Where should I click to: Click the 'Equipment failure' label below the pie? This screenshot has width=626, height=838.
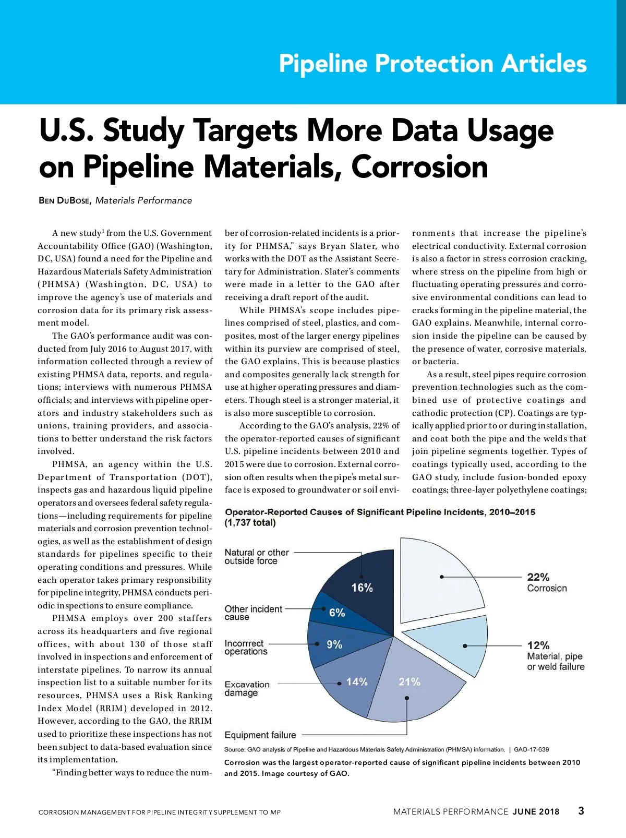[x=260, y=735]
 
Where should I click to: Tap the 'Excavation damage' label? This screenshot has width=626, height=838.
[x=247, y=689]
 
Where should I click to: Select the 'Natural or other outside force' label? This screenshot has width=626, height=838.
[x=256, y=557]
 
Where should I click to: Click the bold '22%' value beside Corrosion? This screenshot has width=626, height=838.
[x=538, y=577]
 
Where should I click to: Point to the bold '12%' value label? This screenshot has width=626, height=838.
[x=538, y=645]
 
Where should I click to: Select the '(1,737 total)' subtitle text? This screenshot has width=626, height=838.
[x=250, y=523]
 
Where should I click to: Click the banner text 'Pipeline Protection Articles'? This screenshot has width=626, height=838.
[x=432, y=64]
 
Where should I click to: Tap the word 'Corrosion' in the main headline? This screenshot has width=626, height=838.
[x=419, y=167]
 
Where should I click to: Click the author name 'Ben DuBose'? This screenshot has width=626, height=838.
[x=64, y=201]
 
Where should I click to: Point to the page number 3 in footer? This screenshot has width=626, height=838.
[x=581, y=811]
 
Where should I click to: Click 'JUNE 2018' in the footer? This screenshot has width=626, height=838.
[x=536, y=812]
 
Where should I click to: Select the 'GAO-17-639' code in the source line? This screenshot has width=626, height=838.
[x=531, y=750]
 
